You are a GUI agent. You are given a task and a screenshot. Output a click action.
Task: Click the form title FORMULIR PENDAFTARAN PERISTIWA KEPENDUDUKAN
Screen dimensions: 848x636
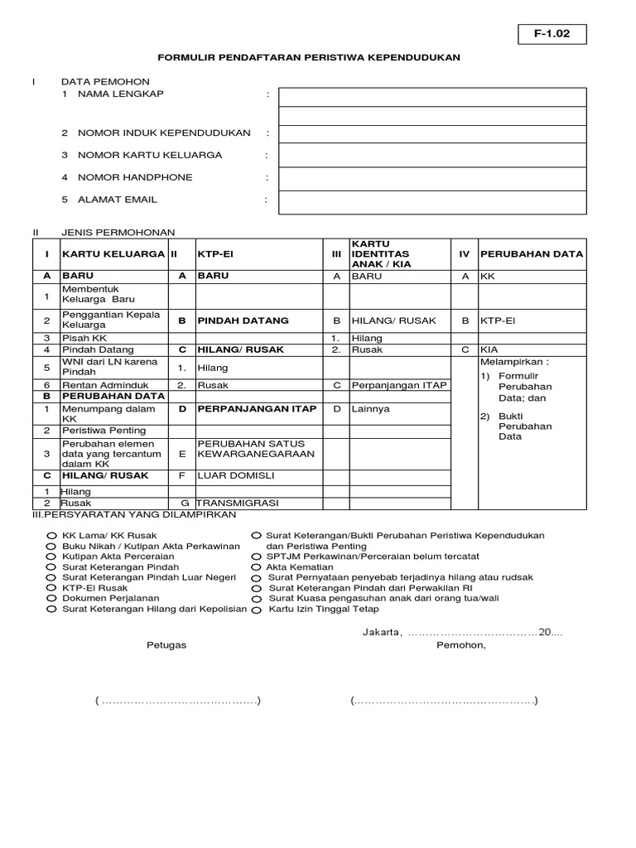pyautogui.click(x=309, y=58)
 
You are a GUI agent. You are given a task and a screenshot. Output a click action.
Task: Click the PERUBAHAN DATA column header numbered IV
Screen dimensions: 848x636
pyautogui.click(x=532, y=253)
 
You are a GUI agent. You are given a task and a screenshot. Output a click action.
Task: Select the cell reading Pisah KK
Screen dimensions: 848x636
pyautogui.click(x=113, y=338)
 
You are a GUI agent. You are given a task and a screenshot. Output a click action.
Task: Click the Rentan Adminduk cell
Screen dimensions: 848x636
pyautogui.click(x=113, y=385)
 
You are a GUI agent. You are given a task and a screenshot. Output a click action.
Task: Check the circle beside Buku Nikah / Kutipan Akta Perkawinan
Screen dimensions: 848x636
pyautogui.click(x=52, y=547)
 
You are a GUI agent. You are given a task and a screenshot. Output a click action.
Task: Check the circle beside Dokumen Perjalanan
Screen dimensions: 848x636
pyautogui.click(x=52, y=598)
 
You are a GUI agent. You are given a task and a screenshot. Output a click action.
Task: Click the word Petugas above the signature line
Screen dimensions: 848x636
pyautogui.click(x=166, y=645)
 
